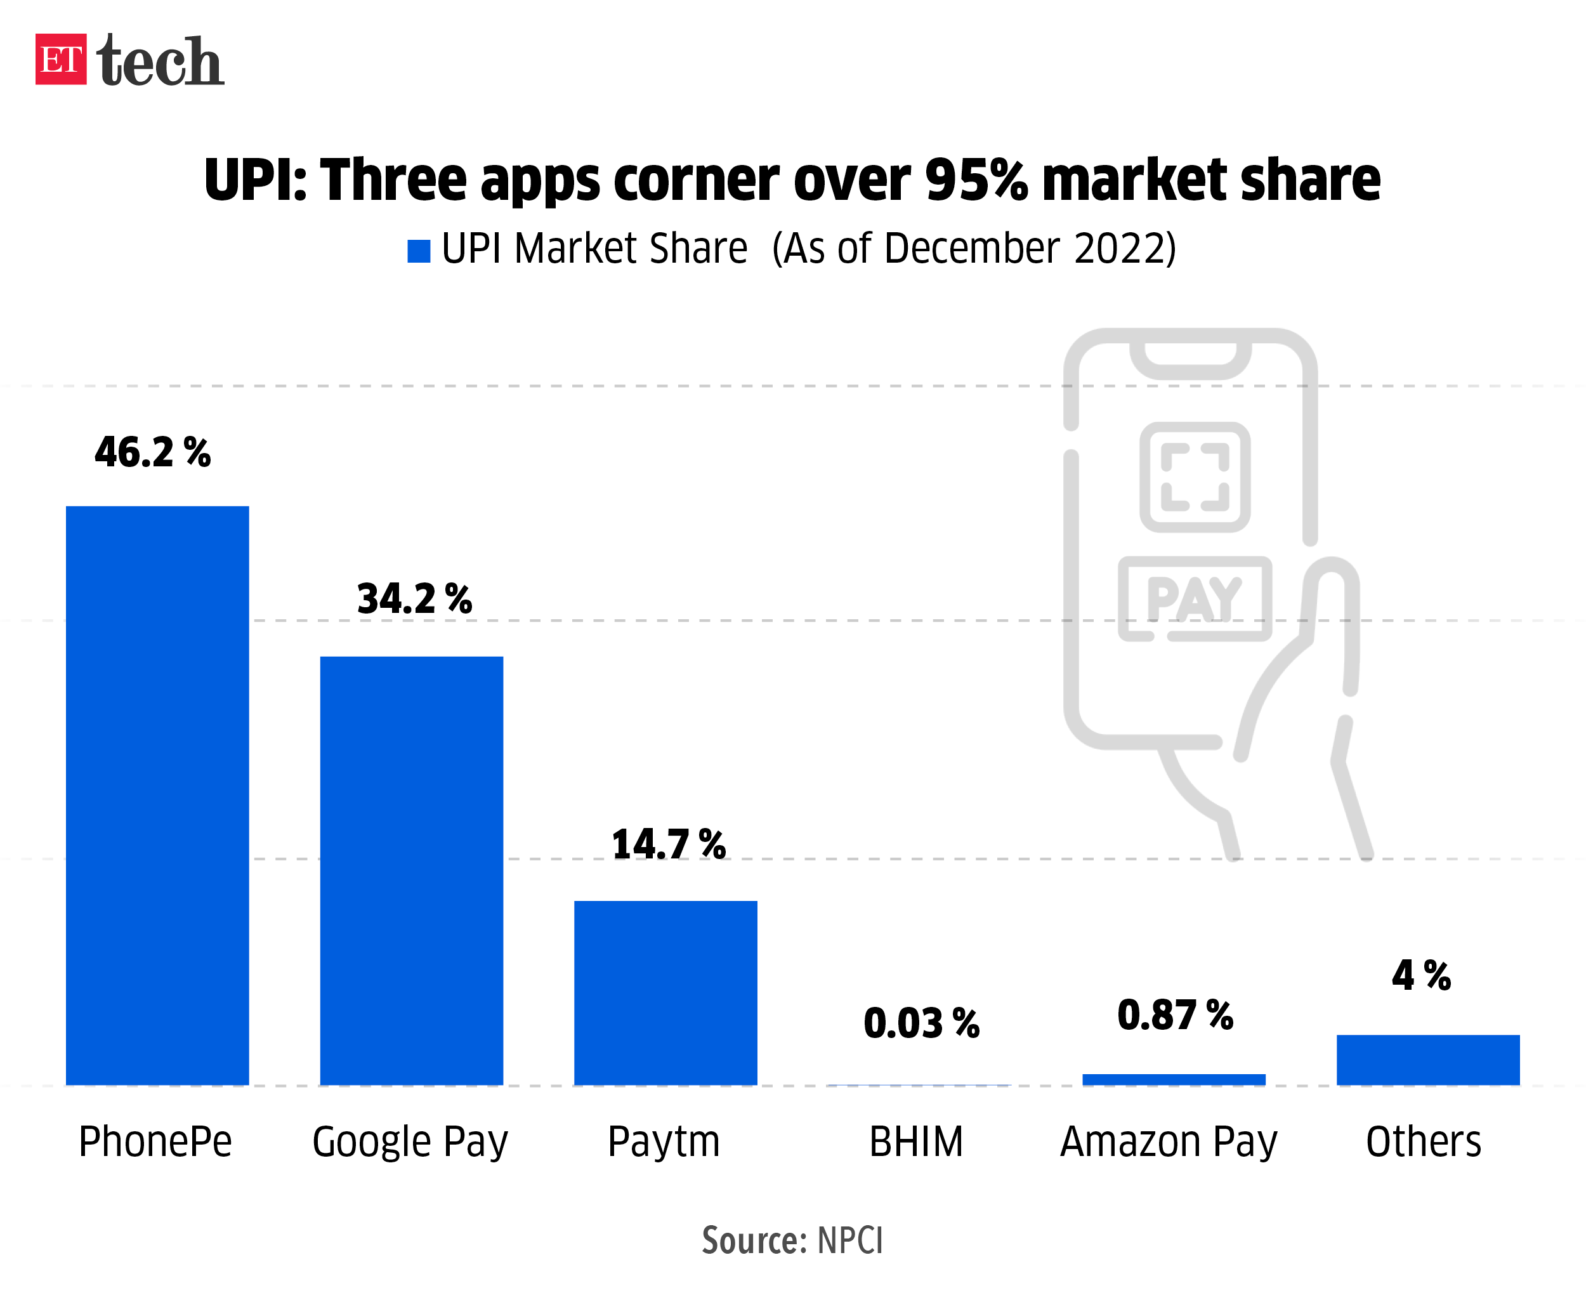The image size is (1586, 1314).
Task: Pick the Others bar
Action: pos(1427,1060)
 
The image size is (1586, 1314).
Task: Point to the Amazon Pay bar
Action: pos(1174,1079)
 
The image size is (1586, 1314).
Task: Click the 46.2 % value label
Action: pos(152,452)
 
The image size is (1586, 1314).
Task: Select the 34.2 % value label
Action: pos(415,599)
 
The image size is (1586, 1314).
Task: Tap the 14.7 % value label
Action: pos(669,844)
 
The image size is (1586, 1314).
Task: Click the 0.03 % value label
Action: pos(921,1023)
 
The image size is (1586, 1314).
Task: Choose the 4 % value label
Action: pos(1421,975)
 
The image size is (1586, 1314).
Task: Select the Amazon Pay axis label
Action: pos(1169,1142)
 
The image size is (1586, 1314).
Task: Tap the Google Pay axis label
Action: pos(410,1142)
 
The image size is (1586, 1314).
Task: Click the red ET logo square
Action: pos(60,59)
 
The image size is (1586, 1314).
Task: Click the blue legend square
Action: pos(419,251)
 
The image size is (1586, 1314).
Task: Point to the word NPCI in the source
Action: pos(849,1240)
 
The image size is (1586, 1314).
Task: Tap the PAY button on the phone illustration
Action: pos(1194,599)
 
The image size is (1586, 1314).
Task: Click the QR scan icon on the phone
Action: pos(1195,476)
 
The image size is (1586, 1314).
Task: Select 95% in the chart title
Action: pos(976,180)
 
